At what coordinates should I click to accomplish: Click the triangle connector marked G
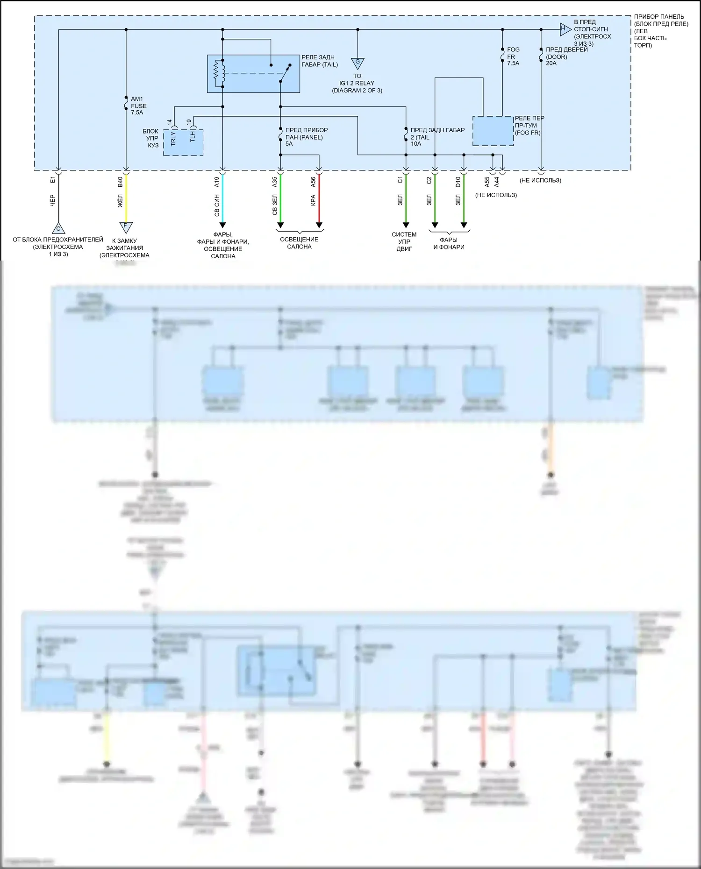tap(358, 63)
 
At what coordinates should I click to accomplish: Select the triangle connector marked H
tap(565, 29)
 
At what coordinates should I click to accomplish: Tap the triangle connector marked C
tap(58, 228)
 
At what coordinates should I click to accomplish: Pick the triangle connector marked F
tap(126, 226)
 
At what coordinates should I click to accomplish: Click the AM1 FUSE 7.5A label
tap(138, 106)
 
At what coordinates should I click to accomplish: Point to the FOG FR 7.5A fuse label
tap(513, 56)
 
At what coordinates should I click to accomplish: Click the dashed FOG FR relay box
tap(493, 131)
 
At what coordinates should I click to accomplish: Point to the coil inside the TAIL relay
tap(217, 73)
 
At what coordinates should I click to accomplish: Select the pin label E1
tap(53, 179)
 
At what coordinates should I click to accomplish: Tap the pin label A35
tap(275, 182)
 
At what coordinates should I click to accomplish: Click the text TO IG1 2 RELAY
tap(357, 83)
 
